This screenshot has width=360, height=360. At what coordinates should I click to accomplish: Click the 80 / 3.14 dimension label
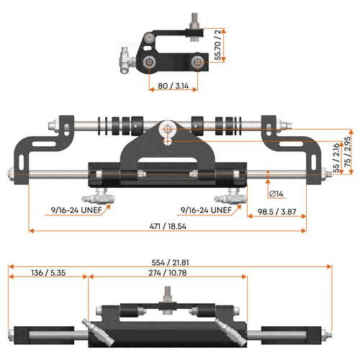174,86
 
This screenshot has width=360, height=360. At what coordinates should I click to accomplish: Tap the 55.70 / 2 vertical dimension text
217,45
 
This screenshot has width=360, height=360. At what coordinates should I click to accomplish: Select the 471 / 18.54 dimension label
168,226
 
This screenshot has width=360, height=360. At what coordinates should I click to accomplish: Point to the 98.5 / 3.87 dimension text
276,212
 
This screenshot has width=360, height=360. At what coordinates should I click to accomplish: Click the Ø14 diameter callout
276,194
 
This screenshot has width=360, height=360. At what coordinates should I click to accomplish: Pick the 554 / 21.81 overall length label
170,263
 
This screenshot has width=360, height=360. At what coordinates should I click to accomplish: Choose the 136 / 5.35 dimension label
48,273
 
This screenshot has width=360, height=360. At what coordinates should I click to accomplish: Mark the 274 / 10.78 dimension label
168,273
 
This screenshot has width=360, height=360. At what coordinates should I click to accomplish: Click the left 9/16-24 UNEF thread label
76,210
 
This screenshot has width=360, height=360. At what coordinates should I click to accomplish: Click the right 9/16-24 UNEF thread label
206,210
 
